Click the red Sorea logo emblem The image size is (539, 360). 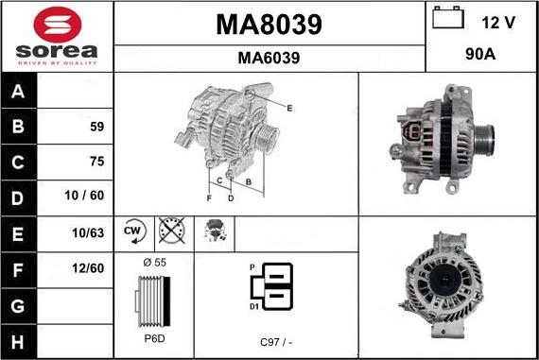click(x=58, y=25)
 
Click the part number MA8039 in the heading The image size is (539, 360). click(x=269, y=25)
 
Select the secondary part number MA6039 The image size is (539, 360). click(x=269, y=58)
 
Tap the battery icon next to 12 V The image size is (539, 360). click(x=448, y=18)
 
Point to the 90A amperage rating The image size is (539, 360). click(x=480, y=54)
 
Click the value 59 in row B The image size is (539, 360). click(x=97, y=127)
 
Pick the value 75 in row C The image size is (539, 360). click(x=97, y=162)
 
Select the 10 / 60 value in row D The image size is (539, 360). click(x=84, y=196)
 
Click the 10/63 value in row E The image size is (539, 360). click(x=88, y=232)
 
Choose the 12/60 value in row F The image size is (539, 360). click(x=88, y=268)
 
